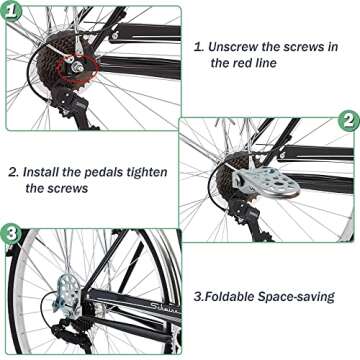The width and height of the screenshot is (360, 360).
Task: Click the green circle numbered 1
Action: point(17,14)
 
